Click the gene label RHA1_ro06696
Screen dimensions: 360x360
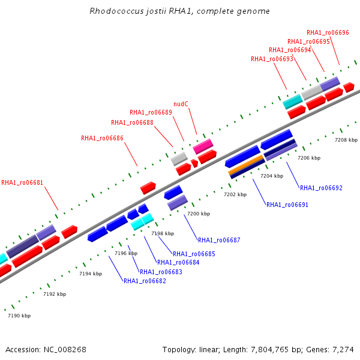[x=328, y=33]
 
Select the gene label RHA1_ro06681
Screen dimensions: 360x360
[x=22, y=182]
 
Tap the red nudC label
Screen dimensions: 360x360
[x=181, y=104]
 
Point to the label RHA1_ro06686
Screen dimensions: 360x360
[x=102, y=138]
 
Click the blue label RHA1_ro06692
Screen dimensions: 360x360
[x=321, y=188]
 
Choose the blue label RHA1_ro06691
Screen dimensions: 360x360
[x=287, y=205]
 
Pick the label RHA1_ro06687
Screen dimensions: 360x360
[x=219, y=240]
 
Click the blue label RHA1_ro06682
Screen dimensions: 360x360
[x=145, y=281]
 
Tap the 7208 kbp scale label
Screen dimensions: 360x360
[x=346, y=140]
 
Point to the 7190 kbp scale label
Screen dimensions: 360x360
[x=19, y=316]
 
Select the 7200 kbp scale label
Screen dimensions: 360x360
[x=199, y=214]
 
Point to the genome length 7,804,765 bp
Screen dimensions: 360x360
[x=270, y=349]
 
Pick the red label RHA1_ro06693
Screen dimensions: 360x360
[x=272, y=59]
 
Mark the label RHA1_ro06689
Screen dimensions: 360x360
[x=151, y=112]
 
